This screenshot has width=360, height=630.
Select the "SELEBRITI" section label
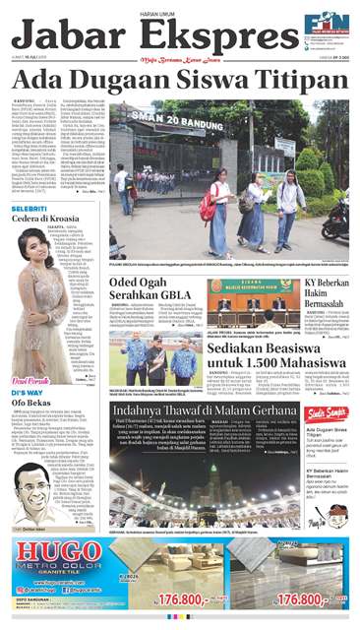click(x=30, y=210)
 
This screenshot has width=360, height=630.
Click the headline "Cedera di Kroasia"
click(x=46, y=220)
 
